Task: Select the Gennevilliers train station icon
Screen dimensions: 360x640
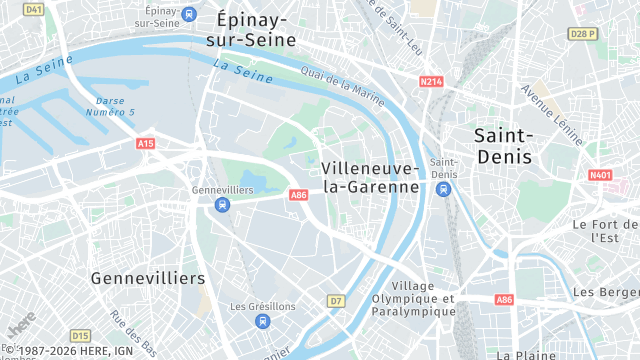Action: tap(222, 205)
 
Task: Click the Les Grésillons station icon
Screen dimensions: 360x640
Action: tap(262, 321)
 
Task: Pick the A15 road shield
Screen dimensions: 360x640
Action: tap(146, 144)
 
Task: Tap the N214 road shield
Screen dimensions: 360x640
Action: tap(431, 81)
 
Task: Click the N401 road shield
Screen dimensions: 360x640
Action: tap(600, 175)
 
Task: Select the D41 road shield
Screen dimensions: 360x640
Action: tap(34, 9)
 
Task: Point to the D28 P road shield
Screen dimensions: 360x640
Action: tap(582, 33)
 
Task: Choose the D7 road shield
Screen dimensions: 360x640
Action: tap(336, 300)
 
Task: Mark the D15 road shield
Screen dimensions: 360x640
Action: tap(81, 335)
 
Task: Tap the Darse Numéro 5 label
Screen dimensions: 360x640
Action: tap(115, 106)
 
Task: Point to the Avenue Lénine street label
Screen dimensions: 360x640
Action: tap(551, 113)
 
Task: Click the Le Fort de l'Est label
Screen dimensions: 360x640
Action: tap(605, 231)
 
